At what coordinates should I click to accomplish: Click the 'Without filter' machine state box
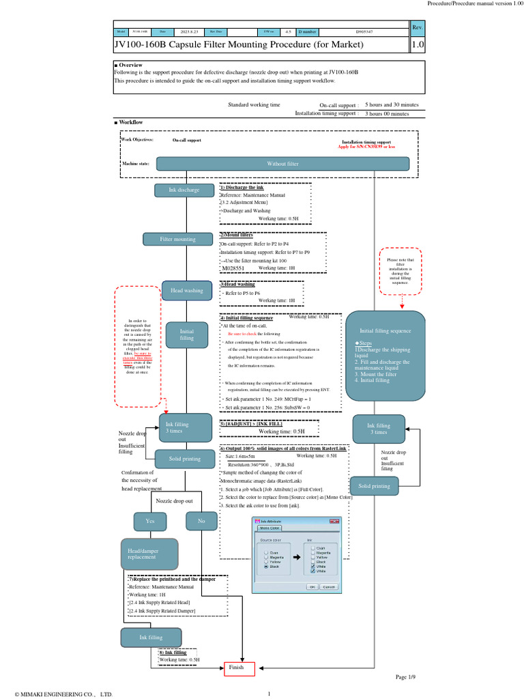(x=282, y=164)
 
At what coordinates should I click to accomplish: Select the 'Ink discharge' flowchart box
(x=184, y=190)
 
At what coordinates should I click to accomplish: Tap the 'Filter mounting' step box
(x=177, y=239)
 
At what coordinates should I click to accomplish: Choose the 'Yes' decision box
(x=149, y=522)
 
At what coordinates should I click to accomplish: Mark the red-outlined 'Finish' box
(x=239, y=668)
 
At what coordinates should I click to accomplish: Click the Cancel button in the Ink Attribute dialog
(x=329, y=586)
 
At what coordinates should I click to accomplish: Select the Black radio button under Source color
(x=264, y=567)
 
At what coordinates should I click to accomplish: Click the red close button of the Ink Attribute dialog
(x=334, y=522)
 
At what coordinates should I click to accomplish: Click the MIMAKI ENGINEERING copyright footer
(x=59, y=694)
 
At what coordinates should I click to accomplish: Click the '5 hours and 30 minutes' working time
(x=392, y=105)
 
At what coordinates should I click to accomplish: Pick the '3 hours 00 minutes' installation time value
(x=387, y=113)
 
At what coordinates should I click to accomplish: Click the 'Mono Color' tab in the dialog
(x=270, y=528)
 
